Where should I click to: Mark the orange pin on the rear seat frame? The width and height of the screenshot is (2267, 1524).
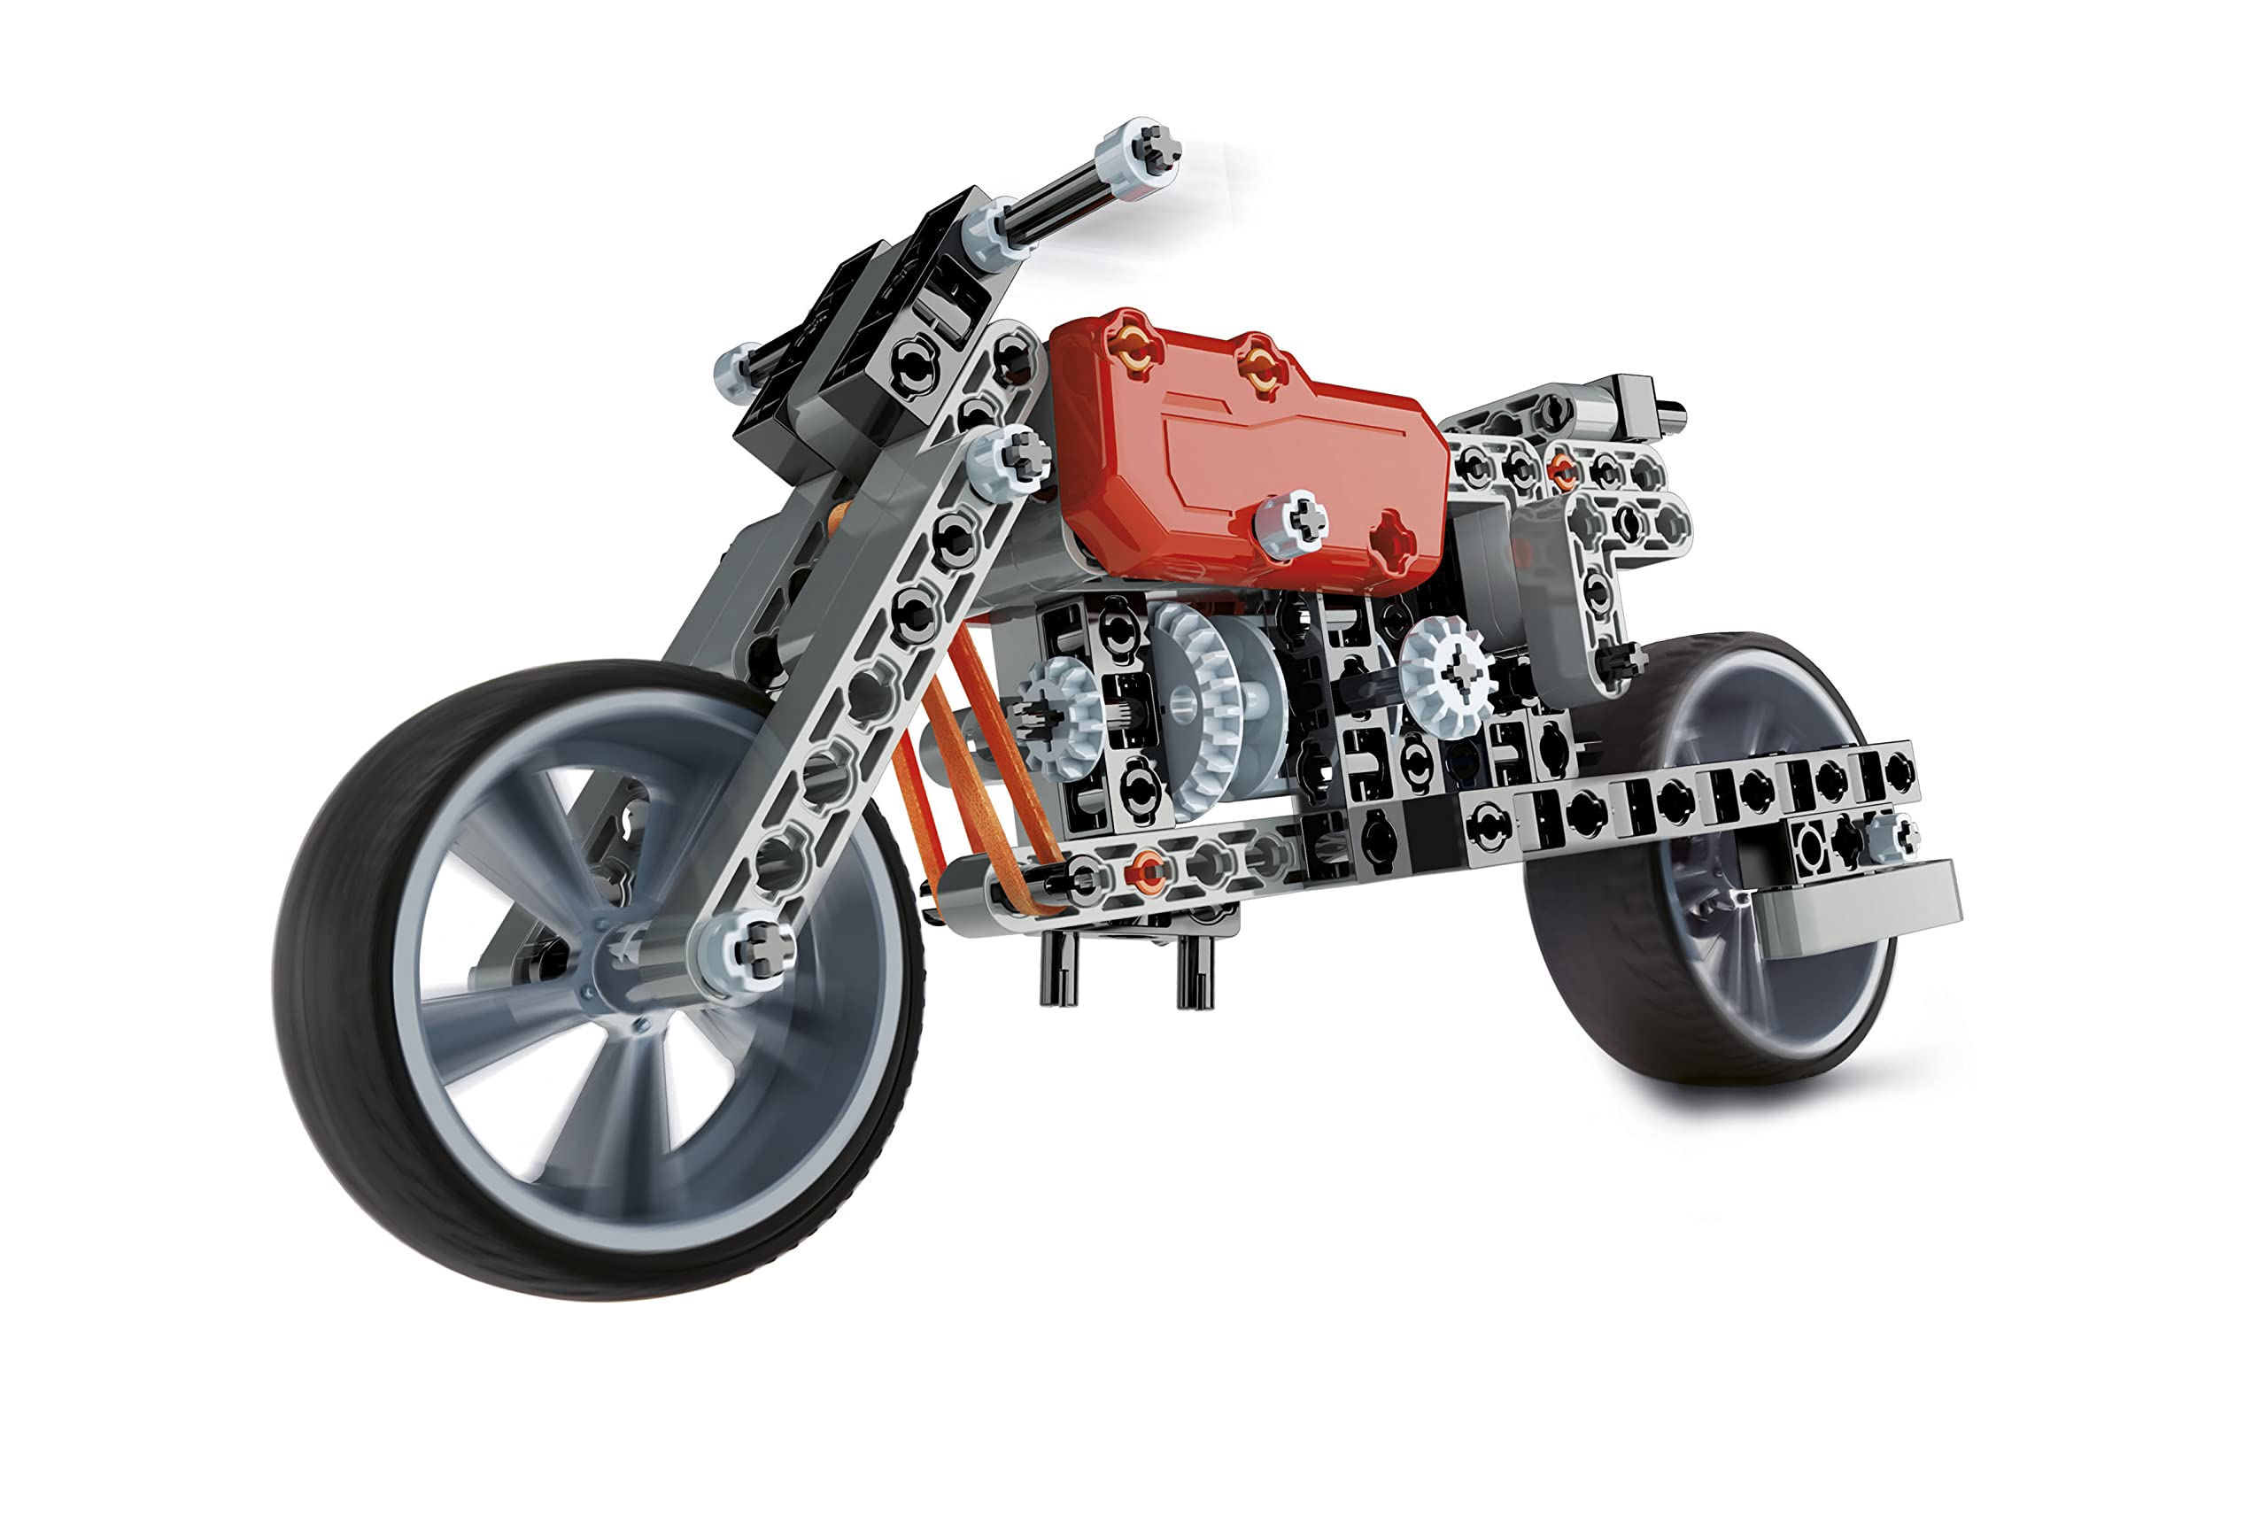click(1561, 469)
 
